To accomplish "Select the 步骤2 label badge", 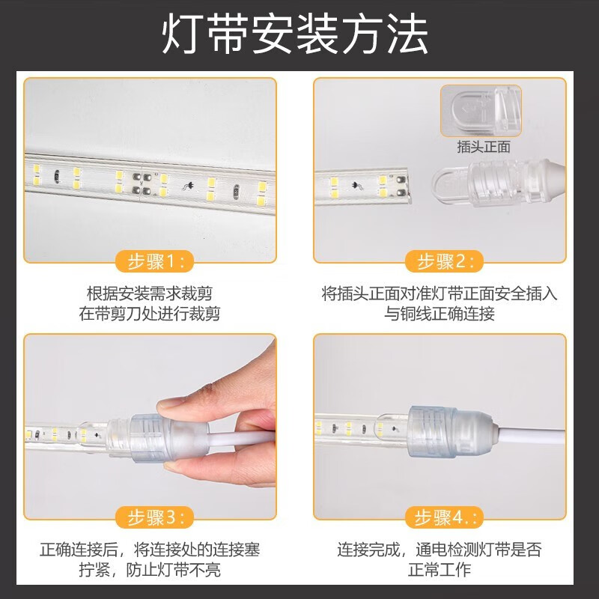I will click(445, 261).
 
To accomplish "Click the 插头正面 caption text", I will click(484, 148).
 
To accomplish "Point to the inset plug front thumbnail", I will click(481, 110).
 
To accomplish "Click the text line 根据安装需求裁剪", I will click(150, 293).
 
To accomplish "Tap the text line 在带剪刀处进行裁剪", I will click(150, 314).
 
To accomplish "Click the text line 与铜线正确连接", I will click(440, 314).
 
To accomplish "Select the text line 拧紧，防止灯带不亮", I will click(150, 570).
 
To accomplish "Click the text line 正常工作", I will click(440, 570).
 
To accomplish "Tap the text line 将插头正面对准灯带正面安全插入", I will click(440, 293).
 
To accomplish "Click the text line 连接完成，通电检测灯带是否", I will click(440, 550).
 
